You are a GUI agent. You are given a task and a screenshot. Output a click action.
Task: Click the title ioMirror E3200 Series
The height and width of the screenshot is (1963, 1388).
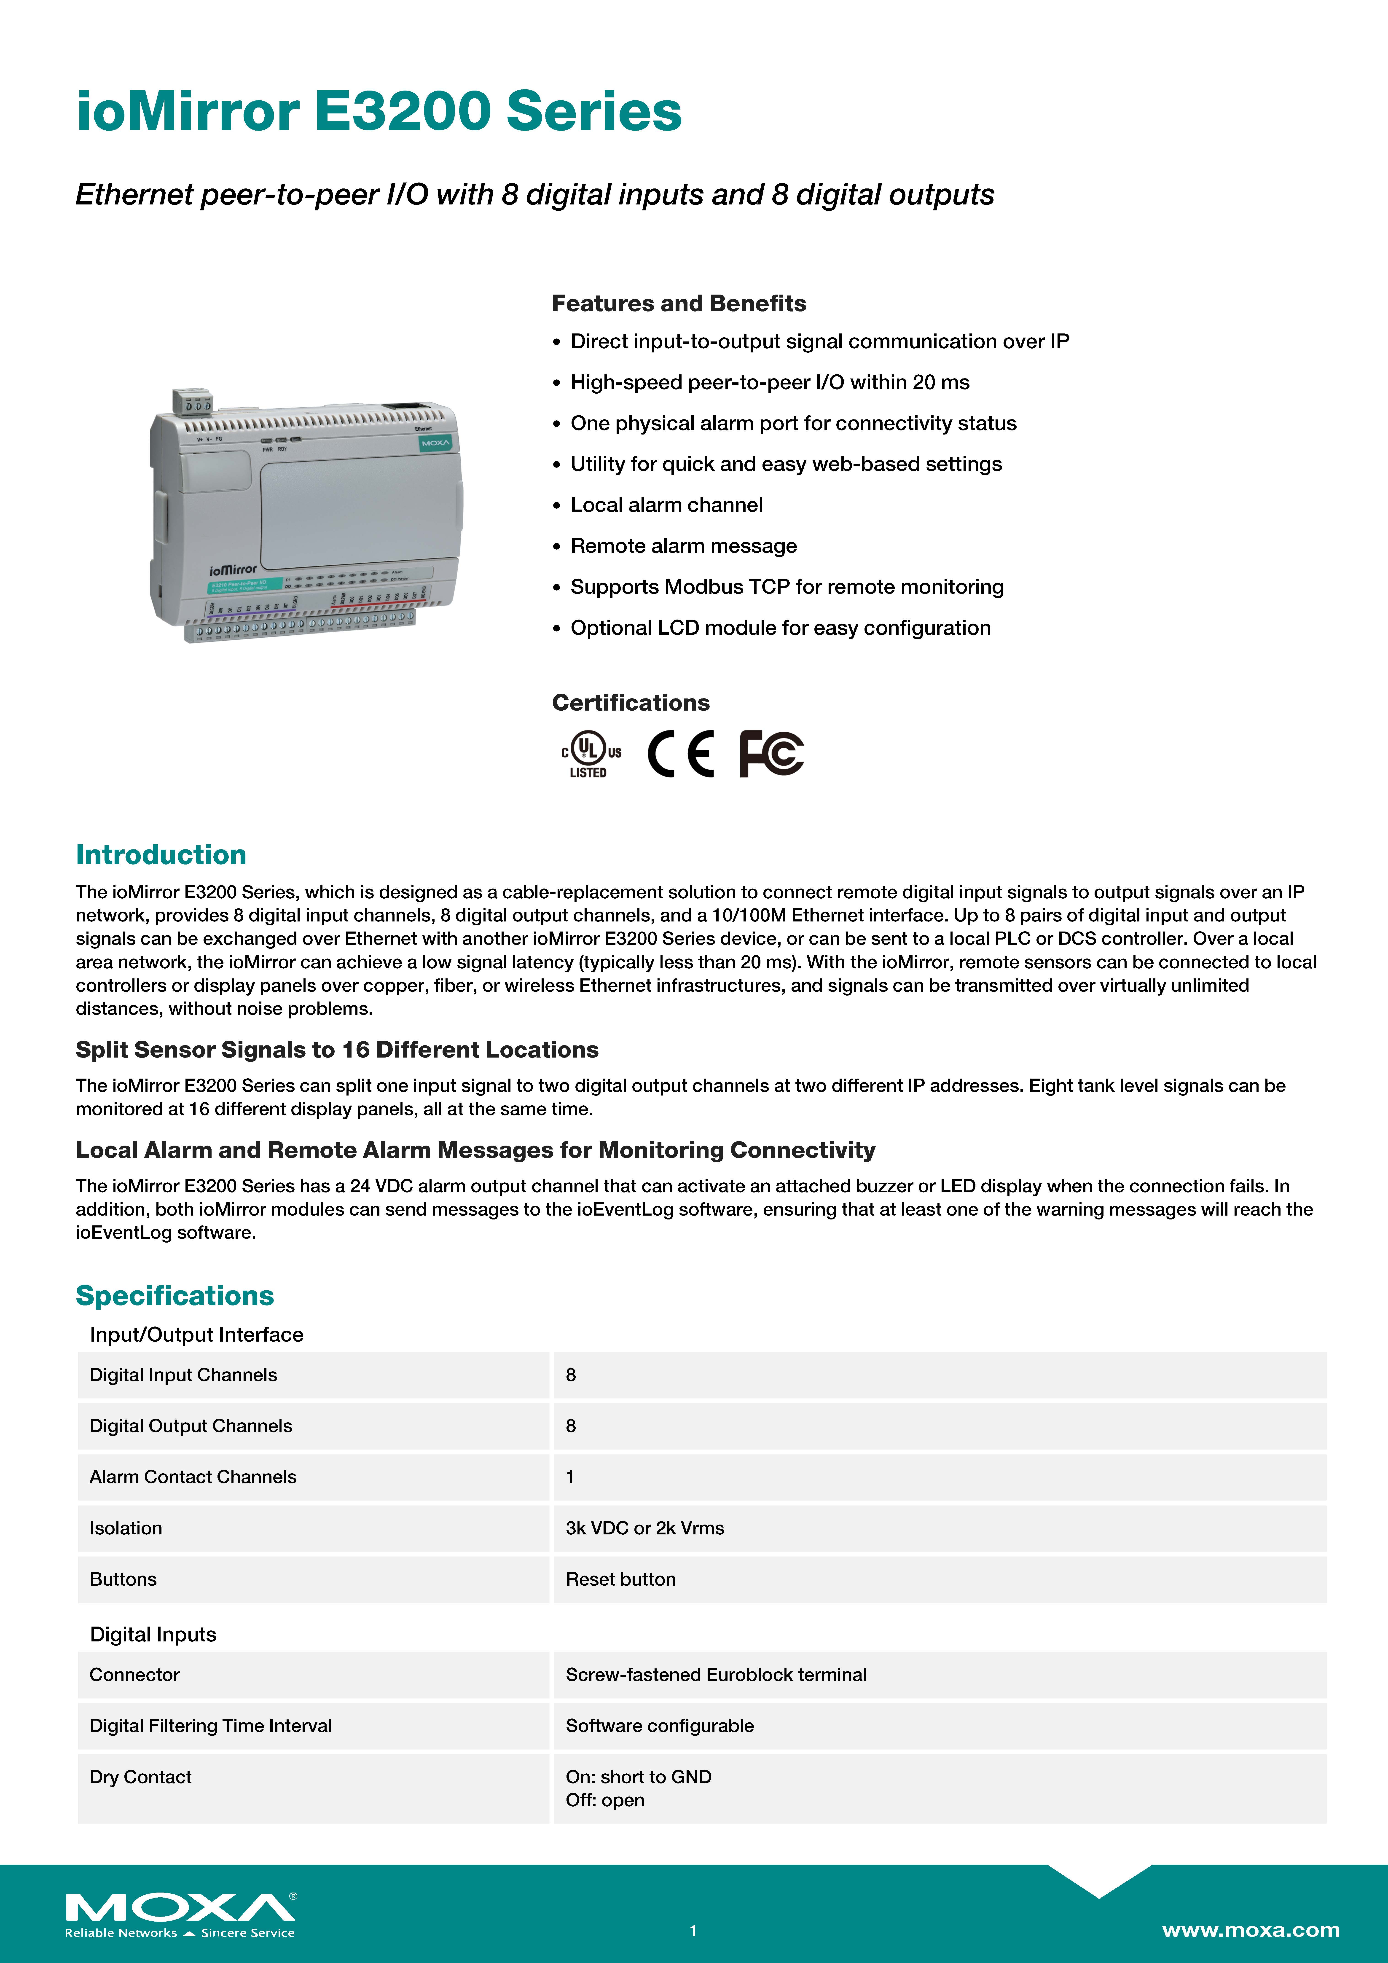point(379,112)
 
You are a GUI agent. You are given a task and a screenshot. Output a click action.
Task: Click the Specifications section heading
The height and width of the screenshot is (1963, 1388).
point(175,1295)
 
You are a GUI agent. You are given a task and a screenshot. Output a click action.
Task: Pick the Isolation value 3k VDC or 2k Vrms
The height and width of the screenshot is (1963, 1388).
point(645,1528)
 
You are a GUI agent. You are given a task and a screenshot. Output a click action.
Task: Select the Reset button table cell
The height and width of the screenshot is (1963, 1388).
point(621,1579)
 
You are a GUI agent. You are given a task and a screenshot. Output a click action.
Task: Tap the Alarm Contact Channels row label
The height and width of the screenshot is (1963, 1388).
point(193,1477)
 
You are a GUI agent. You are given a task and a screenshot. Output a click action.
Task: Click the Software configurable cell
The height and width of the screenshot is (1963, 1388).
point(659,1725)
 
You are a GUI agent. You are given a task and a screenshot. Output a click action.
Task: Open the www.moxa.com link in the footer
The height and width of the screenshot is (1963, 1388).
point(1250,1930)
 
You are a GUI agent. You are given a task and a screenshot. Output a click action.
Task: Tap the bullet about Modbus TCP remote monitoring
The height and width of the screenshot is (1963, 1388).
point(787,586)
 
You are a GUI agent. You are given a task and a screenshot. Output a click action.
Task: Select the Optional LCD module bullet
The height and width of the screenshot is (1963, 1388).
point(780,628)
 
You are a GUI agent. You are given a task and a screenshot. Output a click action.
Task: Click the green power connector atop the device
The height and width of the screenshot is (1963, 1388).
point(192,401)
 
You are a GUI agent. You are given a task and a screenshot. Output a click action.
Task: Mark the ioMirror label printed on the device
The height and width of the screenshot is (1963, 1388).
point(233,569)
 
